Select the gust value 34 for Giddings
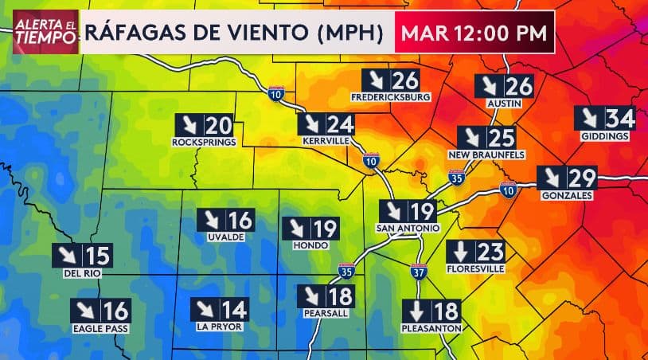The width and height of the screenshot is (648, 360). pyautogui.click(x=621, y=118)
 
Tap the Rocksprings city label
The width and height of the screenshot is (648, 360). pyautogui.click(x=204, y=143)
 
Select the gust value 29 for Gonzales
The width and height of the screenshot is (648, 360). pyautogui.click(x=583, y=178)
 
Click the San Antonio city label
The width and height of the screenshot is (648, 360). pyautogui.click(x=407, y=229)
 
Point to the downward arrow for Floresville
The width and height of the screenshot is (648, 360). pyautogui.click(x=461, y=252)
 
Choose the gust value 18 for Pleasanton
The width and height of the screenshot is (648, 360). pyautogui.click(x=447, y=311)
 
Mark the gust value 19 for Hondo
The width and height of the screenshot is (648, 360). pyautogui.click(x=326, y=229)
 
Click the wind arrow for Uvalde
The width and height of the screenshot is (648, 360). pyautogui.click(x=212, y=221)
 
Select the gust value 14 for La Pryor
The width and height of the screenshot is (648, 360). pyautogui.click(x=234, y=310)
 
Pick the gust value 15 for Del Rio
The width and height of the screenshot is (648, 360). pyautogui.click(x=99, y=256)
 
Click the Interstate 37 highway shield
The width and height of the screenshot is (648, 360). pyautogui.click(x=420, y=272)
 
